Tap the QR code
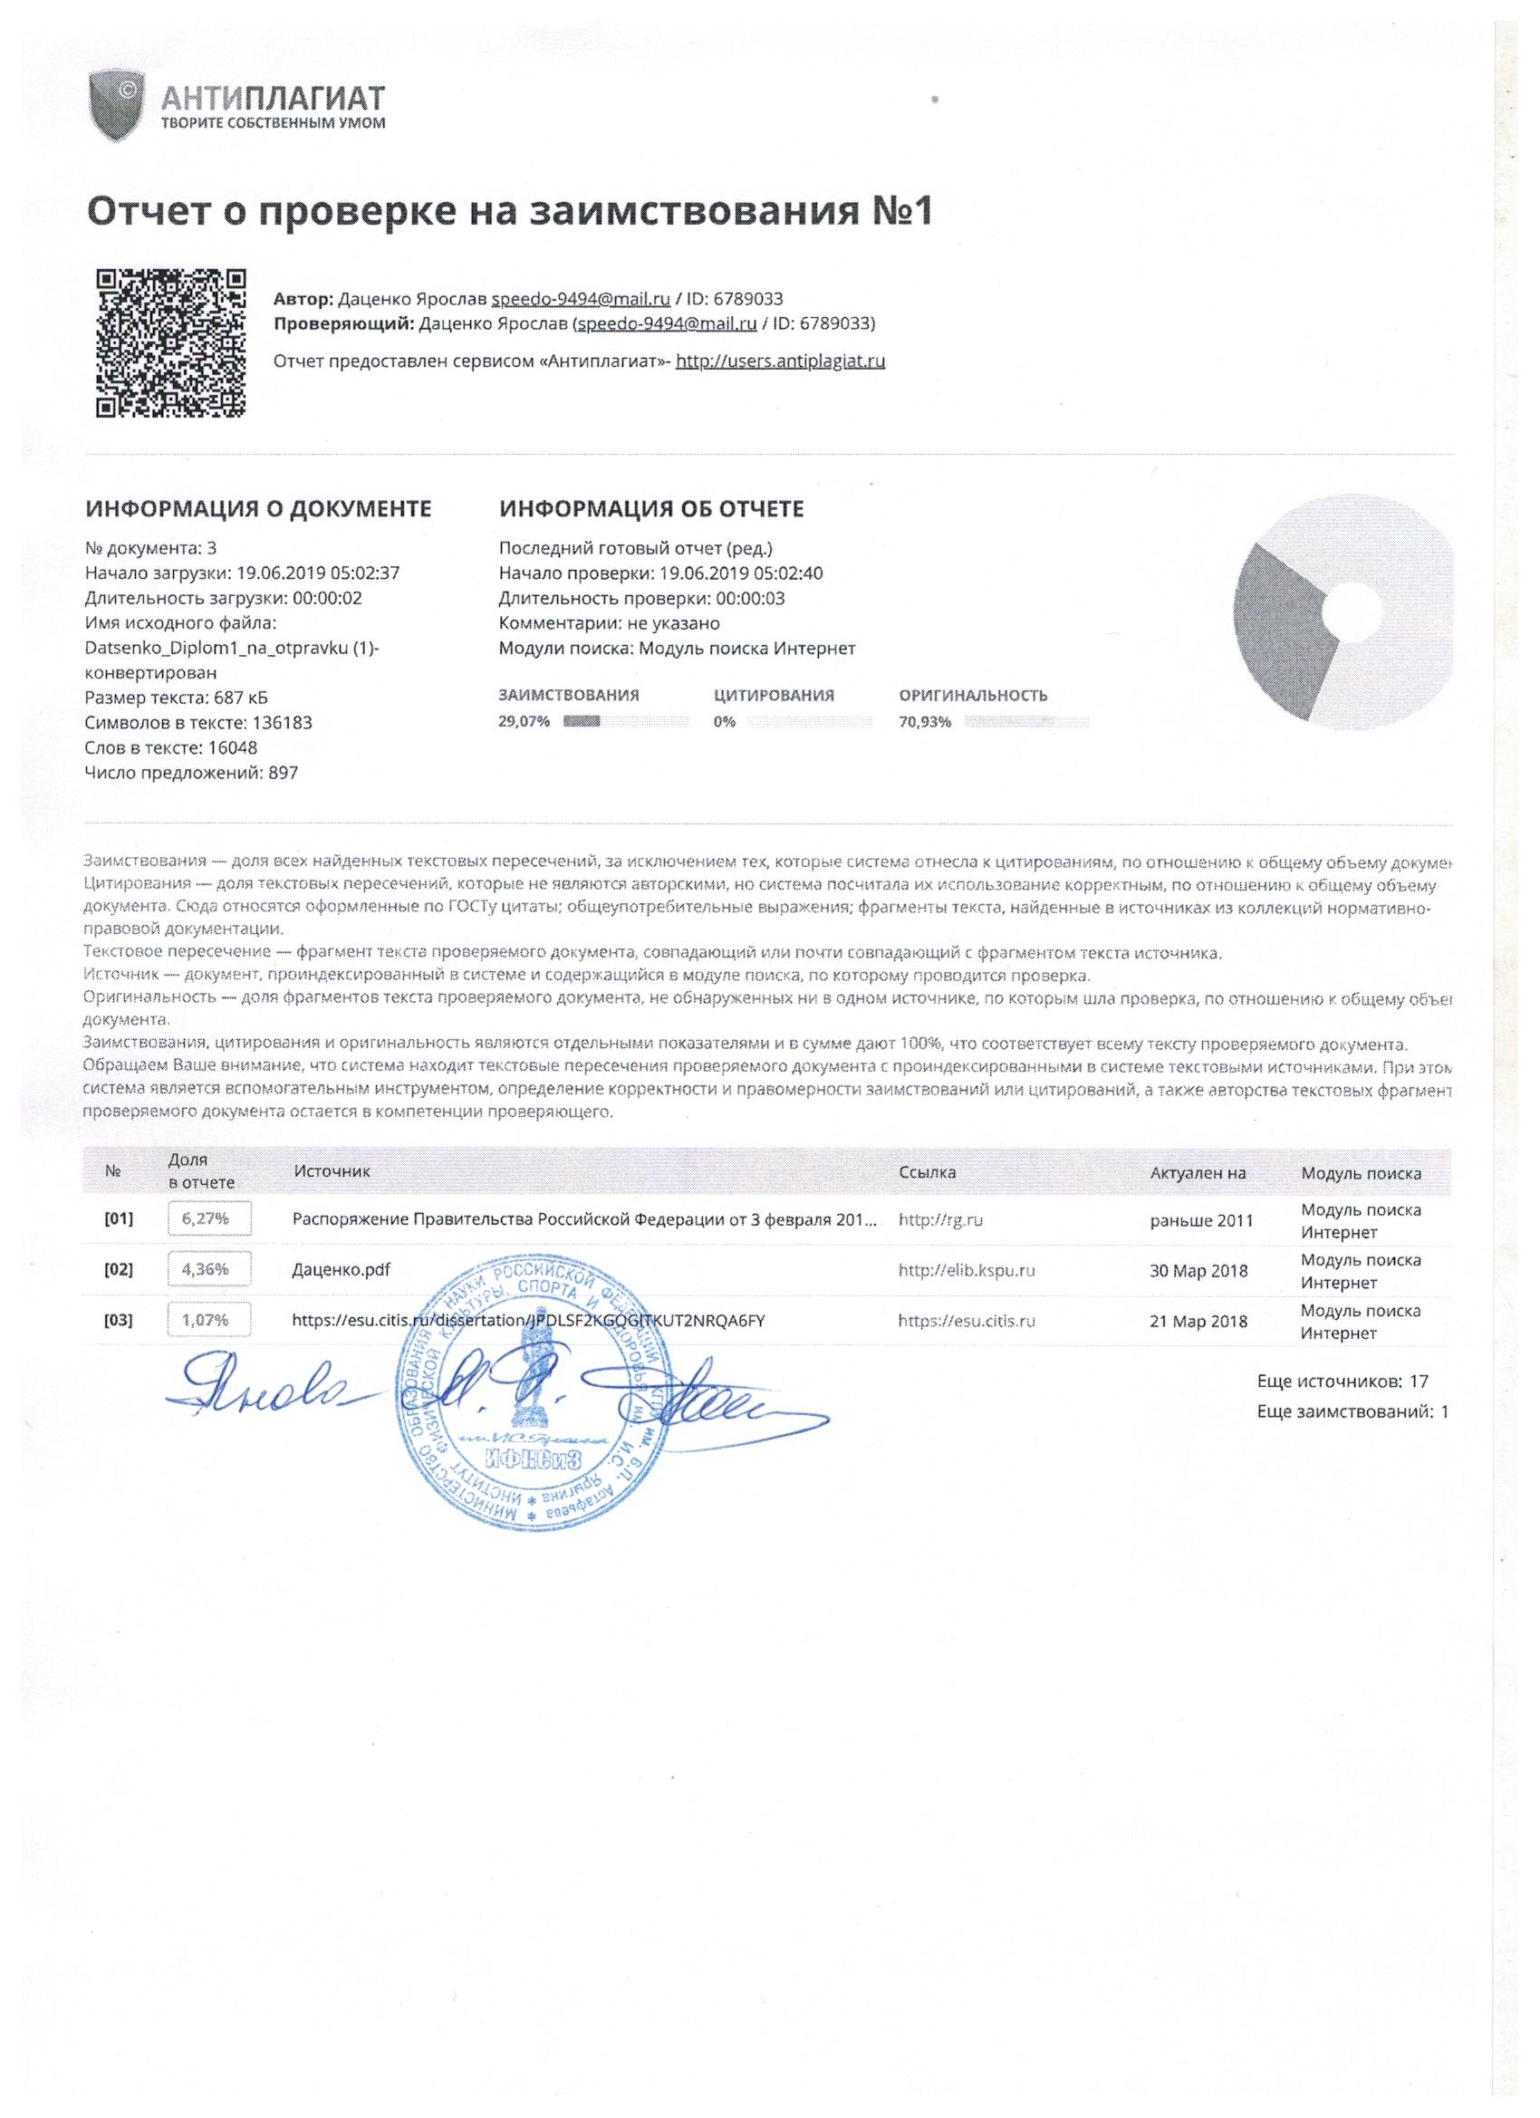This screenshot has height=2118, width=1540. click(172, 342)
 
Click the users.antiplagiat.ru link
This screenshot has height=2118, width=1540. click(780, 361)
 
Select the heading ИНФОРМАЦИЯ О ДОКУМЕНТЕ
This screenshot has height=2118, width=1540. click(259, 509)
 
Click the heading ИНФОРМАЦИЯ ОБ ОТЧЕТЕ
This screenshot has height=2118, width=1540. click(651, 509)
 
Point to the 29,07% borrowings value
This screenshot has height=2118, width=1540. click(525, 721)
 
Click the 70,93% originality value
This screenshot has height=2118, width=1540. click(925, 721)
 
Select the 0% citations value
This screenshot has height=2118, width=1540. click(725, 721)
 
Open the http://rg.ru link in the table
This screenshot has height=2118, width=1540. click(939, 1219)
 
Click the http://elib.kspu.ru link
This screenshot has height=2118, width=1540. click(966, 1270)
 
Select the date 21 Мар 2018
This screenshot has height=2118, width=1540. click(1198, 1321)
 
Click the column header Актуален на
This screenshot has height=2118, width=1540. click(1198, 1173)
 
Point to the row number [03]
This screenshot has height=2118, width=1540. click(119, 1321)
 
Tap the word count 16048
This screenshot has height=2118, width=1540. click(232, 747)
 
